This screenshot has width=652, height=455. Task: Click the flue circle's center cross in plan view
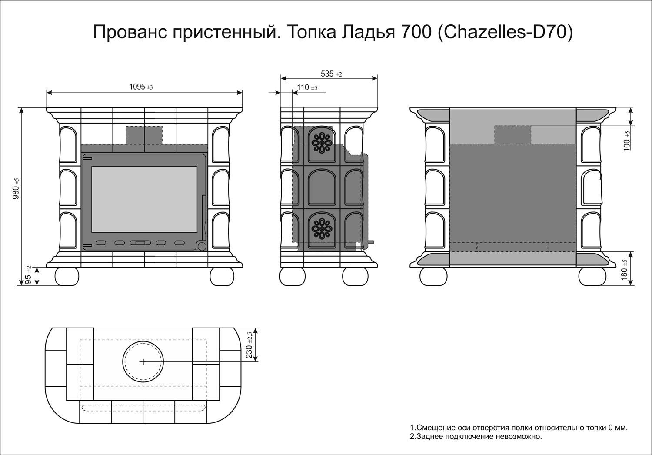tap(143, 361)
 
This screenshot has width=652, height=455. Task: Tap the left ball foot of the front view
tap(67, 276)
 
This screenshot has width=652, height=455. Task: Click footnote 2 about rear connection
tap(476, 437)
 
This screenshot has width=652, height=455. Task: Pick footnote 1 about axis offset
tap(519, 428)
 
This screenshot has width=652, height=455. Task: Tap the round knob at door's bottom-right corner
tap(202, 247)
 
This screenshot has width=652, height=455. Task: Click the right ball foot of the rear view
tap(592, 276)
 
